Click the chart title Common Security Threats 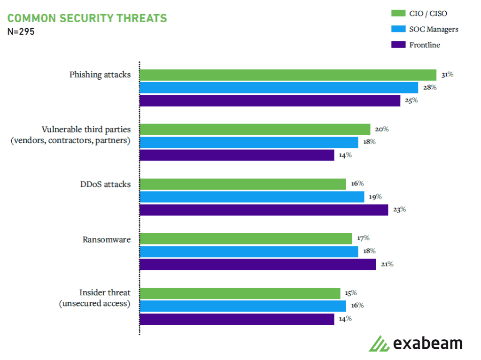87,18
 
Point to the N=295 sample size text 21,32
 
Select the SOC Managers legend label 434,29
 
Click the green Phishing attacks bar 288,75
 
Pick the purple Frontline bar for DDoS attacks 264,210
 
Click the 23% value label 399,209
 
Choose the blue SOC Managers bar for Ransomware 248,252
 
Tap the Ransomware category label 107,239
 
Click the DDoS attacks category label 105,184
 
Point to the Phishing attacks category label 100,75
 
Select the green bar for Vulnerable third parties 255,130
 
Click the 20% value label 381,129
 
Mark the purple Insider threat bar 237,319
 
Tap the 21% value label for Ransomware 387,264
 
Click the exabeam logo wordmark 427,343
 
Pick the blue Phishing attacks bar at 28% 279,88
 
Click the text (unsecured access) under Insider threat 94,303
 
